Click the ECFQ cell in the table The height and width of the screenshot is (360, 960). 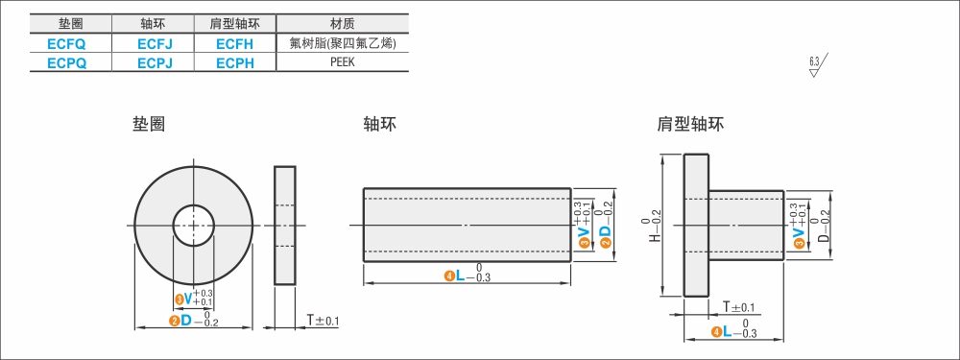tap(71, 43)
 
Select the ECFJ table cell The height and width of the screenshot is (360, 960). tap(154, 43)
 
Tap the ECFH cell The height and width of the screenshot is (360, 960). tap(234, 43)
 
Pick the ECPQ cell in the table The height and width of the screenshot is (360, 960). tap(71, 62)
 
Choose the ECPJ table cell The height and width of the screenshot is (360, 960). tap(154, 62)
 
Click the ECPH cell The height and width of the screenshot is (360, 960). tap(234, 62)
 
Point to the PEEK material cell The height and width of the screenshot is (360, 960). tap(343, 62)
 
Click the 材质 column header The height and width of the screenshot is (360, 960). tap(343, 24)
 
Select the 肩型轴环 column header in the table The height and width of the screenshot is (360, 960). tap(234, 24)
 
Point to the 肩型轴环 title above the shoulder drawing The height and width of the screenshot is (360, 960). tap(690, 124)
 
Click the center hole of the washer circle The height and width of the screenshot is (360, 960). tap(193, 226)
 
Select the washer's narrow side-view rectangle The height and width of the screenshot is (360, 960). tap(285, 226)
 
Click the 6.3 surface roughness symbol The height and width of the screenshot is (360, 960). tap(817, 66)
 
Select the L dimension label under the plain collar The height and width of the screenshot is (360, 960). tap(460, 276)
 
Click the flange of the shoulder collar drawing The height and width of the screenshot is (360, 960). tap(696, 226)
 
